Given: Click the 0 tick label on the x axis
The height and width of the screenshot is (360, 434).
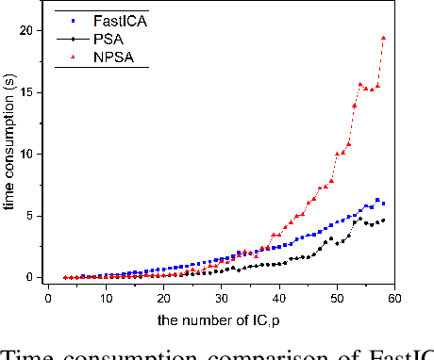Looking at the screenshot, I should click(x=48, y=297).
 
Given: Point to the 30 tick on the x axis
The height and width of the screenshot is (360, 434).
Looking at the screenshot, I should click(x=221, y=297).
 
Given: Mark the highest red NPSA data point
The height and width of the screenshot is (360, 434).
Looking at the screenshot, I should click(x=383, y=38).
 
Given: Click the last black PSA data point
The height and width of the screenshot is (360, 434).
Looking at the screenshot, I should click(x=383, y=221).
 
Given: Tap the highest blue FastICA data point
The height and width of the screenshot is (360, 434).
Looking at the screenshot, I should click(x=377, y=200).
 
